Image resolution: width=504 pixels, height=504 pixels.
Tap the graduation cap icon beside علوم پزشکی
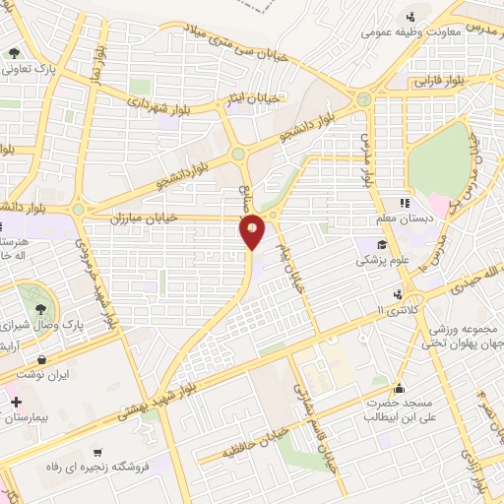(379, 243)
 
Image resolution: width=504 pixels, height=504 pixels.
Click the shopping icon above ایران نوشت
(42, 359)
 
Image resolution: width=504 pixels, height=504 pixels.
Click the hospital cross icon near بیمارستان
(14, 403)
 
